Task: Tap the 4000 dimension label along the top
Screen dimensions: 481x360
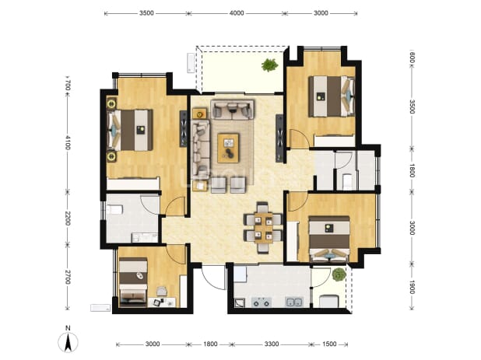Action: pos(237,13)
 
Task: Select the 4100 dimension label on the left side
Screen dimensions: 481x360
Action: pos(68,143)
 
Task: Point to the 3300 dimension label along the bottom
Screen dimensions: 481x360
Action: pos(272,344)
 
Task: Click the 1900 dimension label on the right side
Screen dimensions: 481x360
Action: pos(412,287)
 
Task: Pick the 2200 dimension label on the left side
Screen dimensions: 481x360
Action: pos(68,218)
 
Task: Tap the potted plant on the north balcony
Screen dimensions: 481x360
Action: pos(269,65)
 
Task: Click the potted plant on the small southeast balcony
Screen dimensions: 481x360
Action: pos(339,274)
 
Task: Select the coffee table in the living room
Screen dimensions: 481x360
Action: pos(228,148)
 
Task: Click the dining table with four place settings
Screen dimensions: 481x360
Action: pos(263,228)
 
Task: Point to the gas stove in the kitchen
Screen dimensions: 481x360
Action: pos(262,302)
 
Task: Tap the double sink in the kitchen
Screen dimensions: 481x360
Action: pos(294,302)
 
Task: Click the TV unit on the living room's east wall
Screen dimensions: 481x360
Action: pos(279,138)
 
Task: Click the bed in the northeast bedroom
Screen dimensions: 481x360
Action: pos(332,96)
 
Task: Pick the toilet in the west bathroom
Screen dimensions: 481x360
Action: pos(114,210)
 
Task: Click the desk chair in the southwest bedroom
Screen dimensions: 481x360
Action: pos(161,291)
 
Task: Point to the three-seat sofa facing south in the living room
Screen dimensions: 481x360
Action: pos(232,109)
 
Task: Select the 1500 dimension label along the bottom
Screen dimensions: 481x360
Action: pos(329,344)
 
